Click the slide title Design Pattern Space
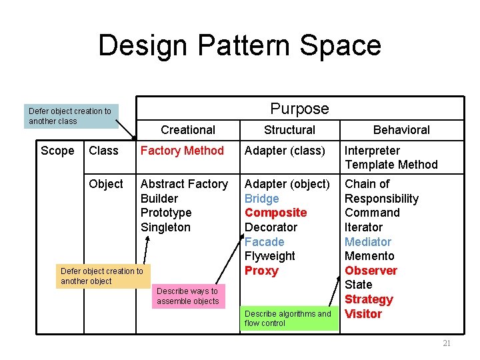click(239, 45)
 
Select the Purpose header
click(299, 109)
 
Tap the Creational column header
click(188, 130)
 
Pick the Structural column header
click(289, 130)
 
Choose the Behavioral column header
click(401, 130)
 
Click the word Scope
click(57, 151)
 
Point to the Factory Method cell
click(182, 151)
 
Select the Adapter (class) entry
click(285, 151)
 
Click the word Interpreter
click(372, 151)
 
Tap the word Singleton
click(165, 227)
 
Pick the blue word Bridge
click(262, 199)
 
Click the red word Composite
click(275, 213)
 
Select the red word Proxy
click(261, 271)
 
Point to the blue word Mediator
click(368, 242)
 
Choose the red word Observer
click(371, 271)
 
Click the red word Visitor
click(363, 314)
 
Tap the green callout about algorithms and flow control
click(288, 318)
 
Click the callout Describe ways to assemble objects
click(187, 296)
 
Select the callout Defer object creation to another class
click(70, 116)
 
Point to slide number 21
click(447, 343)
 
